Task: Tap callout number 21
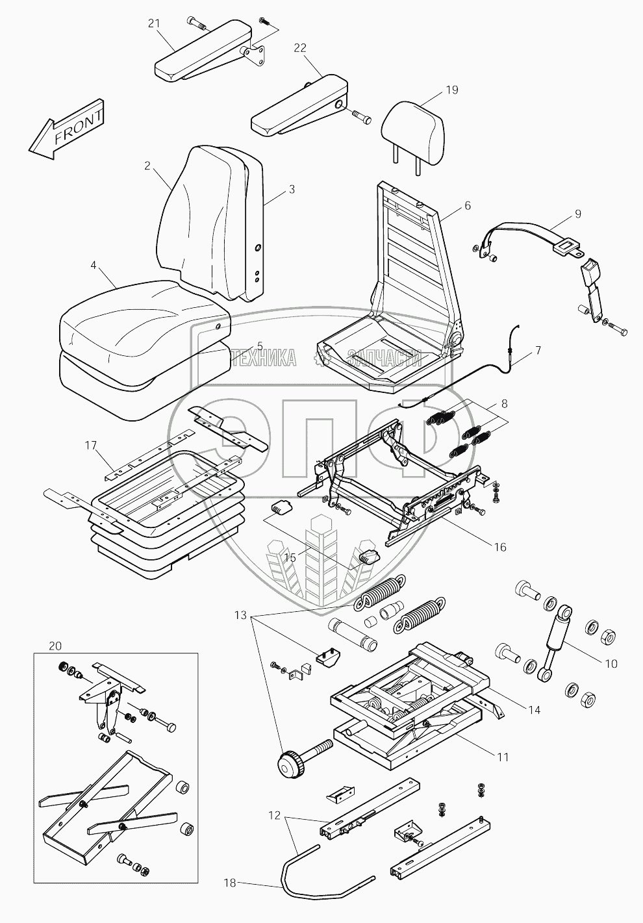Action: coord(154,24)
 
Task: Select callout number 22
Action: coord(300,47)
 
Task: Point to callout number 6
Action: coord(467,205)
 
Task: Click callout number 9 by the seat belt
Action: coord(577,214)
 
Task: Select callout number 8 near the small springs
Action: coord(503,404)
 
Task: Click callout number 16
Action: coord(499,547)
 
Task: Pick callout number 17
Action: coord(90,445)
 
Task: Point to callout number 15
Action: coord(290,557)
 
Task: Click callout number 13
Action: coord(241,614)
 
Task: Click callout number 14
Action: coord(534,710)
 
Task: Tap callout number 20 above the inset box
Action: coord(56,646)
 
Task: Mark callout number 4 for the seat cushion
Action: coord(94,266)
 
